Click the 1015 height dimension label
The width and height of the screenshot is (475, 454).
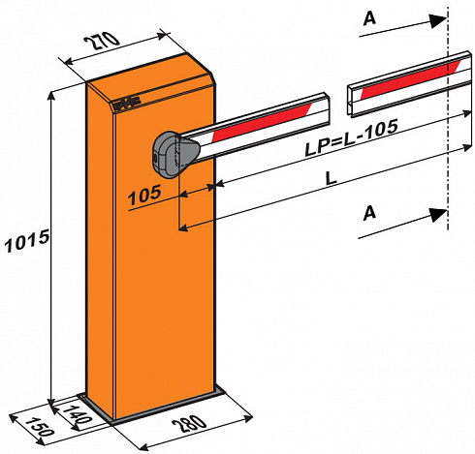(x=27, y=240)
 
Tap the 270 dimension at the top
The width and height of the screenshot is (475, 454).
(x=102, y=40)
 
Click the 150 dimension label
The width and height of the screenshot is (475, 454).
(x=39, y=427)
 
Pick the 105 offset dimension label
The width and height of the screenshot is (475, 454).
(x=144, y=196)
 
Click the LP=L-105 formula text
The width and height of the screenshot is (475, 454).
(x=351, y=138)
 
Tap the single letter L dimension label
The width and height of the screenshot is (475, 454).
(x=331, y=178)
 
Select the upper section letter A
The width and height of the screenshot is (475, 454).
(x=369, y=18)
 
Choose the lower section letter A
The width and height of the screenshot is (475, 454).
(x=369, y=213)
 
